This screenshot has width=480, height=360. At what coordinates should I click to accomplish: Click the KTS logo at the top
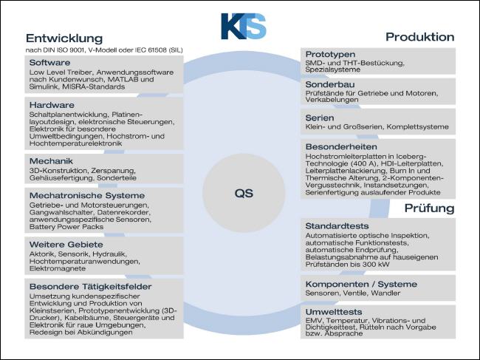[x=244, y=26]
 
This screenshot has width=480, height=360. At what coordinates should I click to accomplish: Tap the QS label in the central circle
[x=244, y=194]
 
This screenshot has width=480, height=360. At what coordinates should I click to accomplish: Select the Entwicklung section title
[x=64, y=38]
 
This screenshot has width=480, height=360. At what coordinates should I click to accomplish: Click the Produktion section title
[x=420, y=37]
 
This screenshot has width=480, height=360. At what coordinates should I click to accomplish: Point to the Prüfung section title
[x=430, y=208]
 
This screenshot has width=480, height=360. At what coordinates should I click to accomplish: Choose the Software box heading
[x=50, y=63]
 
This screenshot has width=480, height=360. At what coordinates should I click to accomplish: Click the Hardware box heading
[x=52, y=105]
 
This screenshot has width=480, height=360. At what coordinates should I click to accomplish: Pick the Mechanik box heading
[x=51, y=161]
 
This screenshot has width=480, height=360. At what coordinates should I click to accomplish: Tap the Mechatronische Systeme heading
[x=87, y=195]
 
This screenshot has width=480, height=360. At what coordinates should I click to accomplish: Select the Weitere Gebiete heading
[x=66, y=245]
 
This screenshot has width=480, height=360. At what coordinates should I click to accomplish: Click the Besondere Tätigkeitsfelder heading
[x=91, y=287]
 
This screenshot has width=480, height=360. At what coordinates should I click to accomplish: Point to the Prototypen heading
[x=330, y=54]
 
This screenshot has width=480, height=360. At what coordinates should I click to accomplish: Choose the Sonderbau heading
[x=330, y=84]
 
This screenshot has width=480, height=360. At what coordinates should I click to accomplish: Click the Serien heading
[x=320, y=118]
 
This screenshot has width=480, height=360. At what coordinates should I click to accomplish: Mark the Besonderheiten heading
[x=341, y=146]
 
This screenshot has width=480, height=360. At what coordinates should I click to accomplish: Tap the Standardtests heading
[x=337, y=226]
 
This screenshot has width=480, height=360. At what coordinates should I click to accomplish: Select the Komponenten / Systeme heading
[x=361, y=284]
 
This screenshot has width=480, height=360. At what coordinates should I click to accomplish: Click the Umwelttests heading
[x=334, y=312]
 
